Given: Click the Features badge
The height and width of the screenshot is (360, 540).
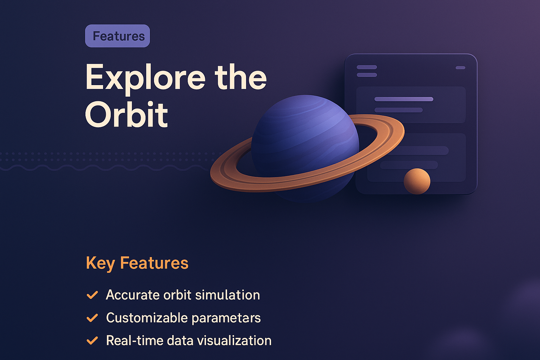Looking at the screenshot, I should pyautogui.click(x=117, y=36).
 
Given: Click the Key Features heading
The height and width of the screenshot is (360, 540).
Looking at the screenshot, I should pyautogui.click(x=137, y=263).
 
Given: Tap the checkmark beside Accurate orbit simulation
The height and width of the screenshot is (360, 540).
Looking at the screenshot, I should pyautogui.click(x=92, y=295).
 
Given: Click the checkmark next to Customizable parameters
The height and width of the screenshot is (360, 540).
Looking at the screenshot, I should pyautogui.click(x=92, y=318).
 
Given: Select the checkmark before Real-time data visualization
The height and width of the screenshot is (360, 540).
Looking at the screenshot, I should pyautogui.click(x=92, y=341).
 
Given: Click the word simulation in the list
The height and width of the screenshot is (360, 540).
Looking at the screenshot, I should pyautogui.click(x=227, y=295).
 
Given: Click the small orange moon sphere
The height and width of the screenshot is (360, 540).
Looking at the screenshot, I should pyautogui.click(x=417, y=181).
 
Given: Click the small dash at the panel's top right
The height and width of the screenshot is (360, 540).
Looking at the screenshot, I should pyautogui.click(x=460, y=67).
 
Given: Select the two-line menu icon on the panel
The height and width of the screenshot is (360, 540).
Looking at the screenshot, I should pyautogui.click(x=367, y=71).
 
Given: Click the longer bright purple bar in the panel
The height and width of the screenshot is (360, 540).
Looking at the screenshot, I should pyautogui.click(x=404, y=99).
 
